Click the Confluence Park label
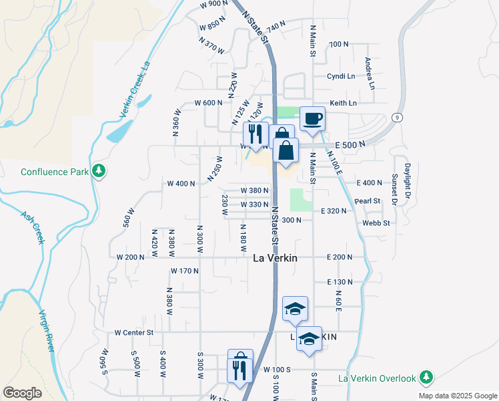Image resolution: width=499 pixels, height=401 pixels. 55,172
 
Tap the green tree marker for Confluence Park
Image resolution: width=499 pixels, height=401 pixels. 99,171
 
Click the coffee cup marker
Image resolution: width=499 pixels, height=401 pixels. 312,120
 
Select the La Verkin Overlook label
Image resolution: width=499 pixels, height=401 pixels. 378,378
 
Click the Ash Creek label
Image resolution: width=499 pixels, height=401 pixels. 31,228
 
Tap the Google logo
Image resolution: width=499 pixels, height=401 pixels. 22,393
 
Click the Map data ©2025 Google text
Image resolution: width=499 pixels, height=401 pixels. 457,396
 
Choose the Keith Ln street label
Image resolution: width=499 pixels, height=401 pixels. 343,103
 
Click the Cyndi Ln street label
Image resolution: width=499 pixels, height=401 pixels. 341,76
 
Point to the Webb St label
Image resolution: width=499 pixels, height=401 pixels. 376,223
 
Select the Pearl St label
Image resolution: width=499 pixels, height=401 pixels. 367,200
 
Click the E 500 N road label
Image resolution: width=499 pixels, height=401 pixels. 350,145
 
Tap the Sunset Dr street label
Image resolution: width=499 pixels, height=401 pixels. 394,189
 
